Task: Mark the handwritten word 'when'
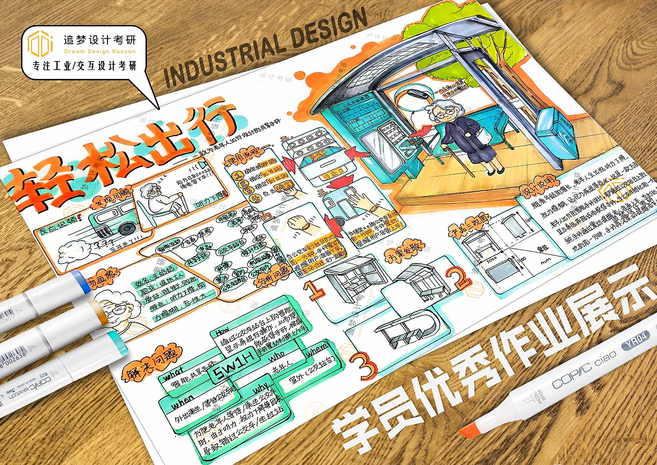click(182, 403)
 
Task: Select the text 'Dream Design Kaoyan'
click(99, 51)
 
